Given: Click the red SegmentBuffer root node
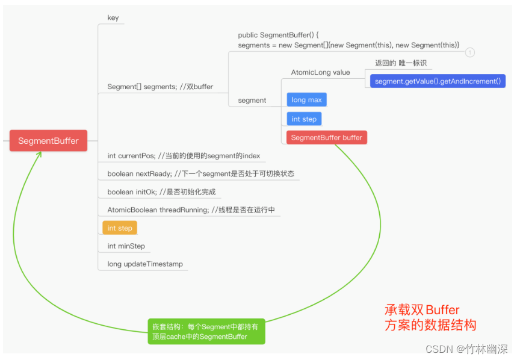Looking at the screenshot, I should coord(48,141).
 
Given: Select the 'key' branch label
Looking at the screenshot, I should coord(113,17).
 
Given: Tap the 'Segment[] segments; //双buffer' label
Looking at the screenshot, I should coord(160,87).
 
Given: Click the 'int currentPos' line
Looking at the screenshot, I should coord(184,156).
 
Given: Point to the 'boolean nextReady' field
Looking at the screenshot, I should coord(200,174).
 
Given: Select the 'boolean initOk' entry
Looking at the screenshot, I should coord(161,192).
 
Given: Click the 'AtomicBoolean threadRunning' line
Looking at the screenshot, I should coord(191,210).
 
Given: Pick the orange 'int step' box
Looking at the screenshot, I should coord(120,228).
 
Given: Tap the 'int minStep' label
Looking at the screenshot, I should coord(126,246).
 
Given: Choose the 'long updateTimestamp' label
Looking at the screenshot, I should coord(145,264).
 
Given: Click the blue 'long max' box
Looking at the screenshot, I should coord(306,100).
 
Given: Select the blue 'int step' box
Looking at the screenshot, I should coord(304,119).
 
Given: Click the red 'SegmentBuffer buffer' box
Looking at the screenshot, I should coord(326,138).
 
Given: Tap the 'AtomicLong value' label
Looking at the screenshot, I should coord(320,72).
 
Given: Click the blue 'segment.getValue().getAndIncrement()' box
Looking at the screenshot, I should coord(437,81).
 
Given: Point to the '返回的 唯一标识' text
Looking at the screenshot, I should coord(400,63).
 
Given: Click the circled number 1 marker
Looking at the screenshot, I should coord(470,52).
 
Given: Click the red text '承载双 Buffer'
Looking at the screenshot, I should coord(422,311).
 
